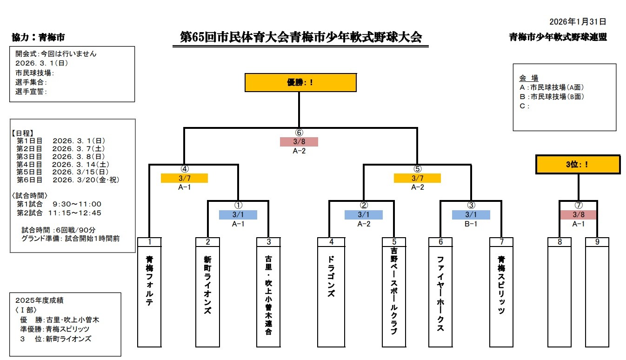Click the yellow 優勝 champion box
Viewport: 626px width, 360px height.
[x=300, y=82]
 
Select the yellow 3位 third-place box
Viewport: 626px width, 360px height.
[x=578, y=165]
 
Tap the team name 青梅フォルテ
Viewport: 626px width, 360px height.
[x=149, y=281]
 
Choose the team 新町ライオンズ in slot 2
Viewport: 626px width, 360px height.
[x=207, y=285]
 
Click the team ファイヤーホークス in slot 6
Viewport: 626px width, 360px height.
[x=440, y=293]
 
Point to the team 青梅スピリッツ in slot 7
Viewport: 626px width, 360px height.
[x=501, y=285]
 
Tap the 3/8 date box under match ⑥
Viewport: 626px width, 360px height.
[x=299, y=142]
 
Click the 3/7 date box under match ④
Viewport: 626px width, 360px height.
[x=184, y=178]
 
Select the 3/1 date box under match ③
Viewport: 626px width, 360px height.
[x=471, y=215]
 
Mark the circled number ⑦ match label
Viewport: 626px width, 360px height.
[x=578, y=205]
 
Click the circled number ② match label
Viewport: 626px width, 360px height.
[x=364, y=205]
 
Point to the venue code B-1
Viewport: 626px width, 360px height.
[x=471, y=224]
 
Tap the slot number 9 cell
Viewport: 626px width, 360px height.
[x=597, y=242]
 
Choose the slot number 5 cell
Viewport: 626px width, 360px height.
[x=394, y=242]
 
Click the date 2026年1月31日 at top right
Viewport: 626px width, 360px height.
[x=578, y=22]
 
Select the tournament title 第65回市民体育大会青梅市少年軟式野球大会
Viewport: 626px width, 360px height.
[x=300, y=37]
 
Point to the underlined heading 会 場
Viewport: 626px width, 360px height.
[x=529, y=78]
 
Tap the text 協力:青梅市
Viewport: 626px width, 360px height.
[x=38, y=37]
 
